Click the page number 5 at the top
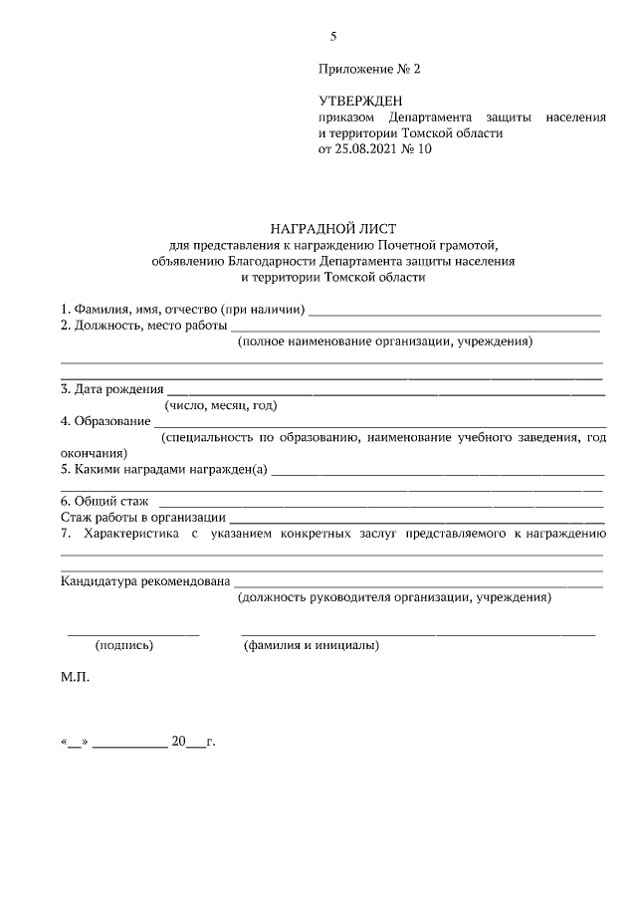coord(333,37)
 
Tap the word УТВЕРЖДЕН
coord(360,102)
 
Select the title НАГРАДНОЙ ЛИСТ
coord(332,228)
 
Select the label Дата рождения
coord(110,389)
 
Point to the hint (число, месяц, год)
coord(220,405)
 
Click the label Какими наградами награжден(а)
coord(164,469)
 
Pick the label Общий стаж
coord(103,501)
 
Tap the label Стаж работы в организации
coord(143,517)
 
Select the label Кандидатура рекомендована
coord(145,580)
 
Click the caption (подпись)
coord(124,645)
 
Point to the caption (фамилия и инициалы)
coord(311,645)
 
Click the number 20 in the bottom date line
coord(179,741)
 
